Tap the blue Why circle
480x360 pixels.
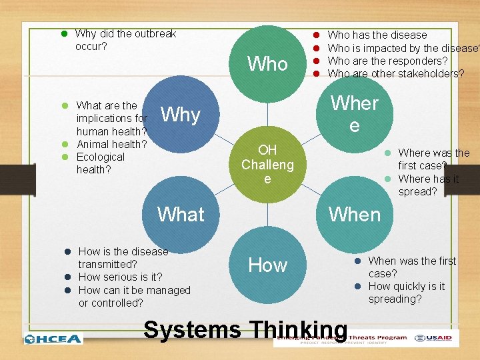click(x=181, y=115)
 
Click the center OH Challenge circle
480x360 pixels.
click(x=267, y=164)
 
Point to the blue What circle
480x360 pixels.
click(x=181, y=214)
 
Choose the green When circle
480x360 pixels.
click(x=354, y=214)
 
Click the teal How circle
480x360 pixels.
click(x=267, y=265)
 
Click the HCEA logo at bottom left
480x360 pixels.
click(x=53, y=339)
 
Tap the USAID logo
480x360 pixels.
click(x=436, y=338)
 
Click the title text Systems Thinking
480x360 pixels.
click(x=245, y=330)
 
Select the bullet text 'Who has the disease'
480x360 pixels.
click(x=377, y=35)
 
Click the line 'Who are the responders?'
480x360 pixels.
click(x=387, y=61)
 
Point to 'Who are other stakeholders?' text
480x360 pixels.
click(x=396, y=73)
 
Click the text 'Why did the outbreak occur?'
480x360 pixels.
click(x=125, y=40)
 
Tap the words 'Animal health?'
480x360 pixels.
click(x=112, y=144)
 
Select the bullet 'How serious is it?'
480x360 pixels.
click(x=120, y=277)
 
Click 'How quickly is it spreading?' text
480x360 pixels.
click(x=406, y=293)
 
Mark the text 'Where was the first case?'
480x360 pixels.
click(x=433, y=159)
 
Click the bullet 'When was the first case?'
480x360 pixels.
click(x=411, y=267)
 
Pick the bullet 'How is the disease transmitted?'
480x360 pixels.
click(x=123, y=257)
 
